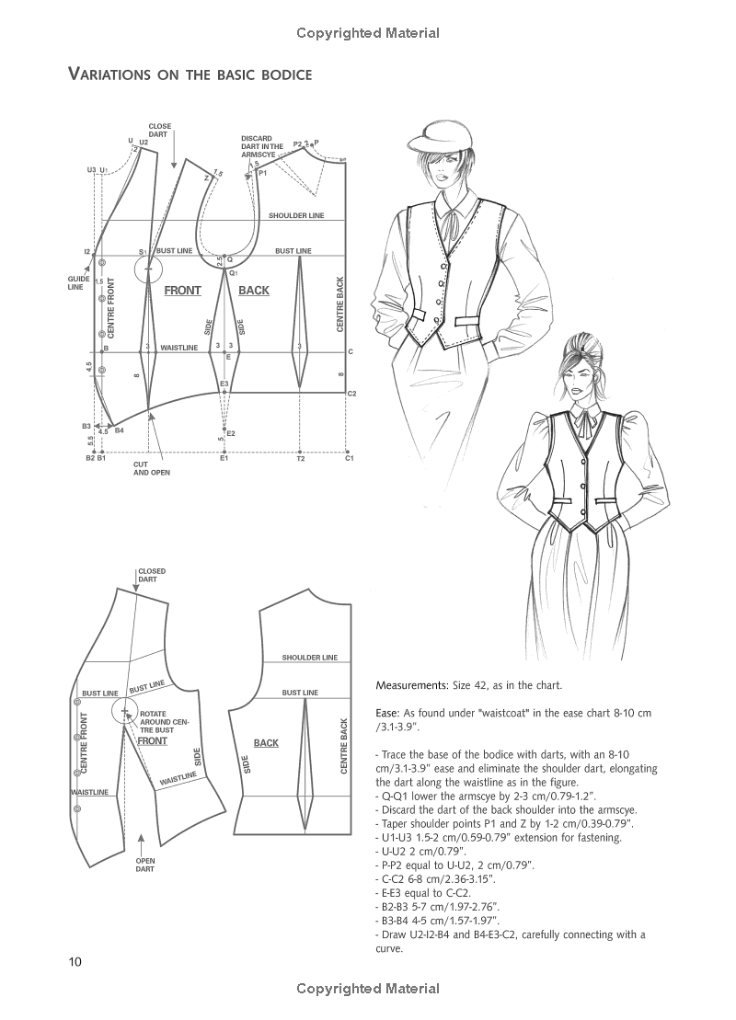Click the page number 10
tap(75, 962)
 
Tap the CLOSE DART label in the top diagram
tap(159, 130)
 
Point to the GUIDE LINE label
tap(75, 282)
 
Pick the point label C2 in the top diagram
tap(351, 394)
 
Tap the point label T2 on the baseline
tap(300, 458)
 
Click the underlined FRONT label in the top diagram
tap(182, 291)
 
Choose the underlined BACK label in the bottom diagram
tap(266, 743)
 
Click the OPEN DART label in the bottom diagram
tap(144, 865)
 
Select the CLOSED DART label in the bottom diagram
tap(151, 576)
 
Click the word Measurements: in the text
tap(410, 686)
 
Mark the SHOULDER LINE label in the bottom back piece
tap(309, 658)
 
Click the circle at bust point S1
tap(144, 269)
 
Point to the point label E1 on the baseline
tap(224, 458)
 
